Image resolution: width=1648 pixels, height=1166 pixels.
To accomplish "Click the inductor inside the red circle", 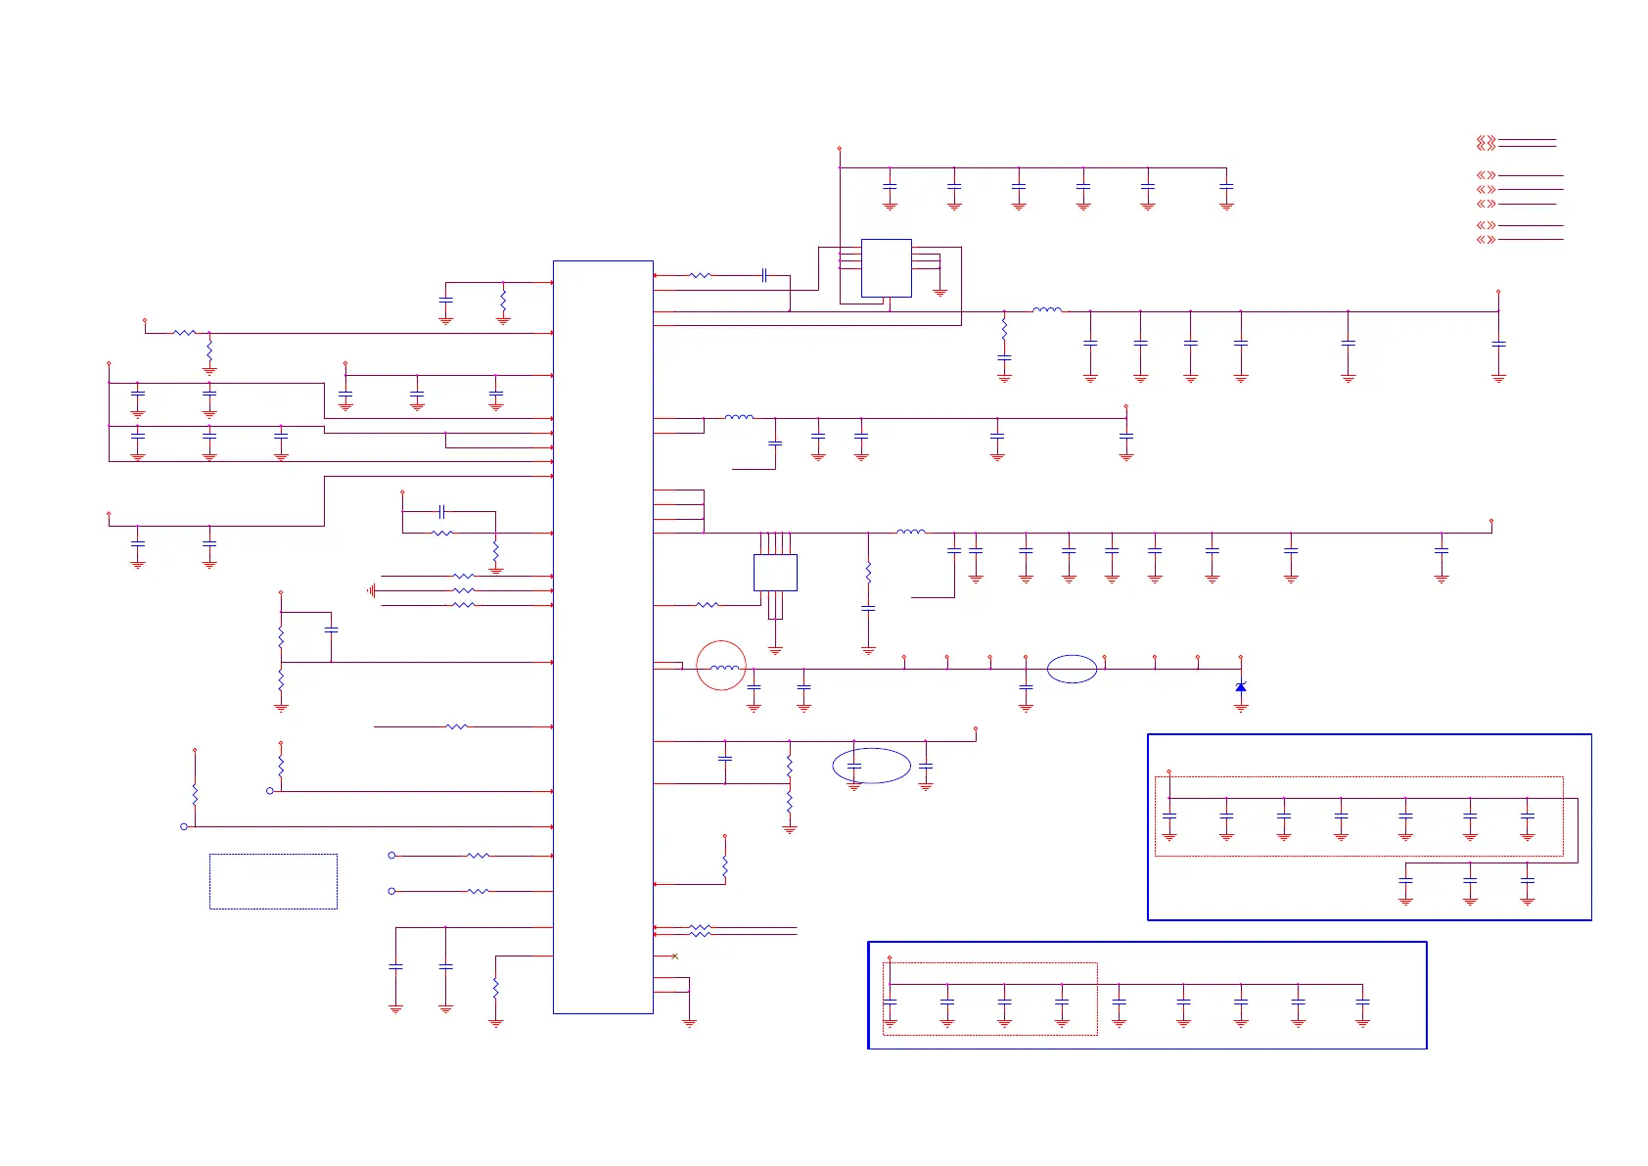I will click(x=724, y=668).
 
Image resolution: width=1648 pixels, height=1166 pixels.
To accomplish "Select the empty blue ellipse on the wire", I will click(x=1072, y=669).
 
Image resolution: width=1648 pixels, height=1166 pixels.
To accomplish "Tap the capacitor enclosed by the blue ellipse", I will click(x=853, y=766).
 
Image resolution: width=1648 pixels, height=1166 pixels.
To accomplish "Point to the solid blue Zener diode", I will click(x=1241, y=687).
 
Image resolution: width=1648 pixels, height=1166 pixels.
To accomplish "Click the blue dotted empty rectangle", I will click(x=273, y=881).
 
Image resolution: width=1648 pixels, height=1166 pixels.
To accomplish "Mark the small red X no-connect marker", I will click(x=675, y=956).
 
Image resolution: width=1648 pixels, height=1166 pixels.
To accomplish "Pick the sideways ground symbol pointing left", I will click(x=372, y=590).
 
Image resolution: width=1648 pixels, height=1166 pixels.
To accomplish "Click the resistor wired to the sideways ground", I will click(x=463, y=590).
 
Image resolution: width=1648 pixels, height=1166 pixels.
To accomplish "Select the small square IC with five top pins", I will click(x=775, y=572).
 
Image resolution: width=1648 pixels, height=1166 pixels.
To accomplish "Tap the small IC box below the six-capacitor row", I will click(x=886, y=267).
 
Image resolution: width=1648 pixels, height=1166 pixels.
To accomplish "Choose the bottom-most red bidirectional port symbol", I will click(x=1486, y=239).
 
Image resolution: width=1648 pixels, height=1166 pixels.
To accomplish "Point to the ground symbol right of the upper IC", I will click(x=940, y=292).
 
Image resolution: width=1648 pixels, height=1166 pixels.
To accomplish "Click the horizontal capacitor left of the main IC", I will click(x=442, y=511).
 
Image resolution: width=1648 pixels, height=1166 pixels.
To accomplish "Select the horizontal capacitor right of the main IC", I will click(x=764, y=275).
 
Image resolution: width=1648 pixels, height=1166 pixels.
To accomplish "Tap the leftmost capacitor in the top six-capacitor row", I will click(x=890, y=186).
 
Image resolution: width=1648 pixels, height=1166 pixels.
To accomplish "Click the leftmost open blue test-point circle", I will click(x=184, y=826).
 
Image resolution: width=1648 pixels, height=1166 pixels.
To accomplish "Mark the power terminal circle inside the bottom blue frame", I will click(x=890, y=957).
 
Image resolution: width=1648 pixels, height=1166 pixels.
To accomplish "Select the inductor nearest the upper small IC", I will click(x=1046, y=310).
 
